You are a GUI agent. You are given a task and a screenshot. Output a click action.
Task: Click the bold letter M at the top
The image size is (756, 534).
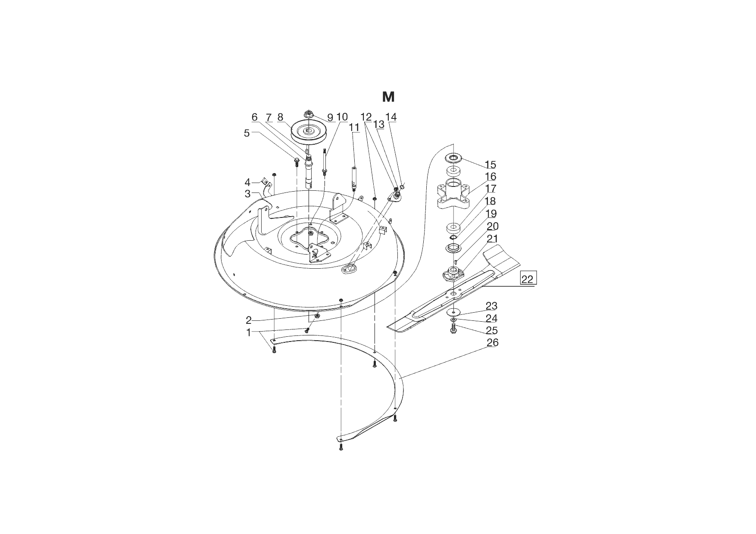[388, 97]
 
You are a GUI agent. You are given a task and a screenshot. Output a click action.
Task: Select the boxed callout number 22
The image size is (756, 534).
[528, 279]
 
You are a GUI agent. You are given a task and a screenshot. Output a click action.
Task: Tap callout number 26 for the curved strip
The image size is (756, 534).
[493, 343]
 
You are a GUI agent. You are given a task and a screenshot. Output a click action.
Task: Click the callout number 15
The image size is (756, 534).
[490, 165]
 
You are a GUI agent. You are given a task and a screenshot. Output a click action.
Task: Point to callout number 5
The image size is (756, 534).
[247, 133]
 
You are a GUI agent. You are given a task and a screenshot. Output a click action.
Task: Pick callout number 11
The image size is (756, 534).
[354, 127]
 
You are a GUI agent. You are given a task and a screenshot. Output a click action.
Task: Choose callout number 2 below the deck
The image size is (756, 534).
[249, 320]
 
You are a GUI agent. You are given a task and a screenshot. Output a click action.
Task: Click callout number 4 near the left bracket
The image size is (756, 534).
[247, 183]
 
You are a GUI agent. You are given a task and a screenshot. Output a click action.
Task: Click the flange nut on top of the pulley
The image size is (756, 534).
[309, 114]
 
